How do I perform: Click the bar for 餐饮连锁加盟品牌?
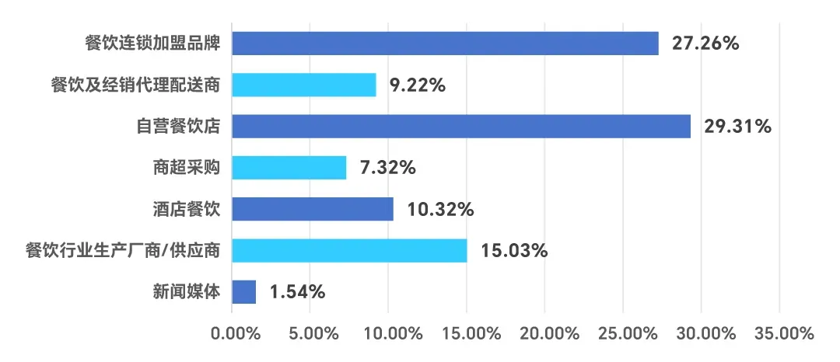[445, 44]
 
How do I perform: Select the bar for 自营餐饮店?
[461, 126]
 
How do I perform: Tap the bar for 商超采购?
[289, 167]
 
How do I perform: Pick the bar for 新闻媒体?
[244, 292]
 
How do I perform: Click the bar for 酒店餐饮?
[313, 209]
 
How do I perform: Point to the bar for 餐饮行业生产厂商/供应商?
[349, 250]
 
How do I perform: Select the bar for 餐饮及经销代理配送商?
[304, 85]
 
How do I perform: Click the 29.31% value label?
[737, 127]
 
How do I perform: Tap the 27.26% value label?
[705, 44]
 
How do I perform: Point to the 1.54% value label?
[297, 293]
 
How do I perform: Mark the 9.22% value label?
[418, 85]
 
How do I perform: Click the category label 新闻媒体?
[187, 292]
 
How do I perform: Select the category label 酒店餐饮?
[187, 209]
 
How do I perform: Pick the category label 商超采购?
[187, 167]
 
